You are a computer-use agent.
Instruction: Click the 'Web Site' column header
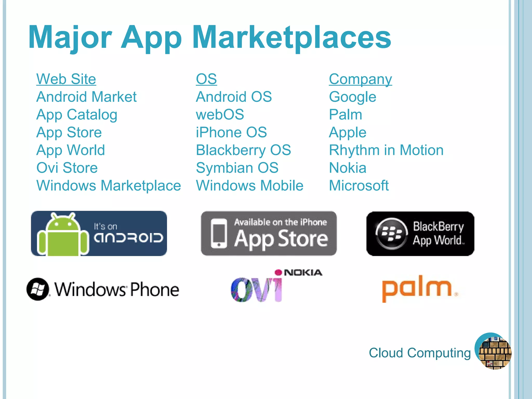[66, 79]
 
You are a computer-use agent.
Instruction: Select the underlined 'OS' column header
[206, 79]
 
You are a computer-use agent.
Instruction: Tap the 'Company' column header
[360, 79]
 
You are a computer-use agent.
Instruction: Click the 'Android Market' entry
[86, 97]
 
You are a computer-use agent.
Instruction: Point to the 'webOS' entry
[220, 115]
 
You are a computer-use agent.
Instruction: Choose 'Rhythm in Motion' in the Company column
[386, 150]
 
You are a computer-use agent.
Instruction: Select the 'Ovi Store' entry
[67, 168]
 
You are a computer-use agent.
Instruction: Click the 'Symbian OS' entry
[237, 168]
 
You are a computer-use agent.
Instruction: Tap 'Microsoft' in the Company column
[359, 185]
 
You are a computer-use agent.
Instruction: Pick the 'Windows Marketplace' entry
[109, 185]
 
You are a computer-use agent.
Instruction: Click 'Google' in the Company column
[353, 97]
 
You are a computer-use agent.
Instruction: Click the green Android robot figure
[63, 235]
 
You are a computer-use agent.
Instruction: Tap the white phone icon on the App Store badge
[219, 233]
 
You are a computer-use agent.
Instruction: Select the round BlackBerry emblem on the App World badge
[391, 233]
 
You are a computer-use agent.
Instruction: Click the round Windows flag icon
[38, 289]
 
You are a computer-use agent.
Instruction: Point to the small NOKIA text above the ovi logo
[303, 272]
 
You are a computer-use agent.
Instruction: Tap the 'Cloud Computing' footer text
[420, 353]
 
